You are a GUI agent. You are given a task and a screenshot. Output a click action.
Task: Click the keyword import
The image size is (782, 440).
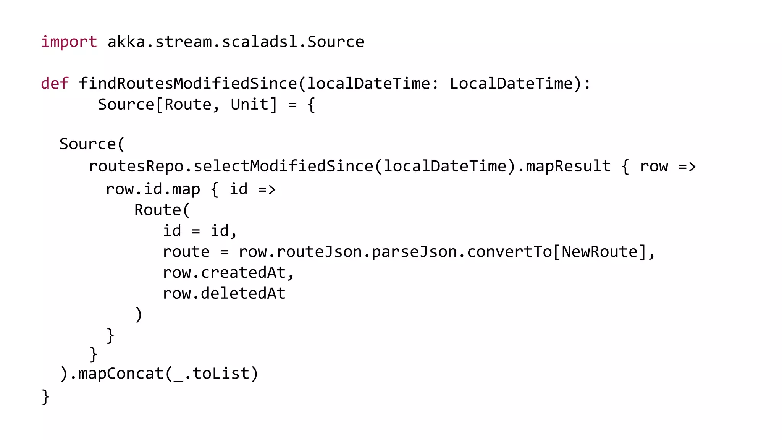69,42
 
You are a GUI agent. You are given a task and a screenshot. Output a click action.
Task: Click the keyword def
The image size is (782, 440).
55,83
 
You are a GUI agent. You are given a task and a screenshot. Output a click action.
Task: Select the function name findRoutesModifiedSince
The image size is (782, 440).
187,83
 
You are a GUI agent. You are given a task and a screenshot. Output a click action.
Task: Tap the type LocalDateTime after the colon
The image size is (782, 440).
511,83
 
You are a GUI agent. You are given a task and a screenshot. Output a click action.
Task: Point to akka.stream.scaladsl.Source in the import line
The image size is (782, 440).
236,42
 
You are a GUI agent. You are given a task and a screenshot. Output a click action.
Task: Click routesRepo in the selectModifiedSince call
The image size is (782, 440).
136,166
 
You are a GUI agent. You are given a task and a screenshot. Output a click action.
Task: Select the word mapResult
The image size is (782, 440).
568,166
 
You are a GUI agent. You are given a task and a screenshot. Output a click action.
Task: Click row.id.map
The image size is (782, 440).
152,189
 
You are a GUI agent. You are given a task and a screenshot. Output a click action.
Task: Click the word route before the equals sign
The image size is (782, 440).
186,252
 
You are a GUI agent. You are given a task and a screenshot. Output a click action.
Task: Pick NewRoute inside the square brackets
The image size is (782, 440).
599,252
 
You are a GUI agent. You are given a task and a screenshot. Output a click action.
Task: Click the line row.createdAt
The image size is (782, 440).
228,273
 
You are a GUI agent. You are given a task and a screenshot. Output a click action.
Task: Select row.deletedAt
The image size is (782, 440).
224,293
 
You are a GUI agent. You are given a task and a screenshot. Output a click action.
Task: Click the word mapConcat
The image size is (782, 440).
121,374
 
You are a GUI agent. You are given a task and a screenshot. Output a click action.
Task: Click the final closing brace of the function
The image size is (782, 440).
45,396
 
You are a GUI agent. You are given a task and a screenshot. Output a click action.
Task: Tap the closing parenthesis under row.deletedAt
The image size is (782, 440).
139,315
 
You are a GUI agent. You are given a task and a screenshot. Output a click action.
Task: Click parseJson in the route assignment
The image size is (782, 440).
414,252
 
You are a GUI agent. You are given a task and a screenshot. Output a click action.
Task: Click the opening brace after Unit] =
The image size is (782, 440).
311,104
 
